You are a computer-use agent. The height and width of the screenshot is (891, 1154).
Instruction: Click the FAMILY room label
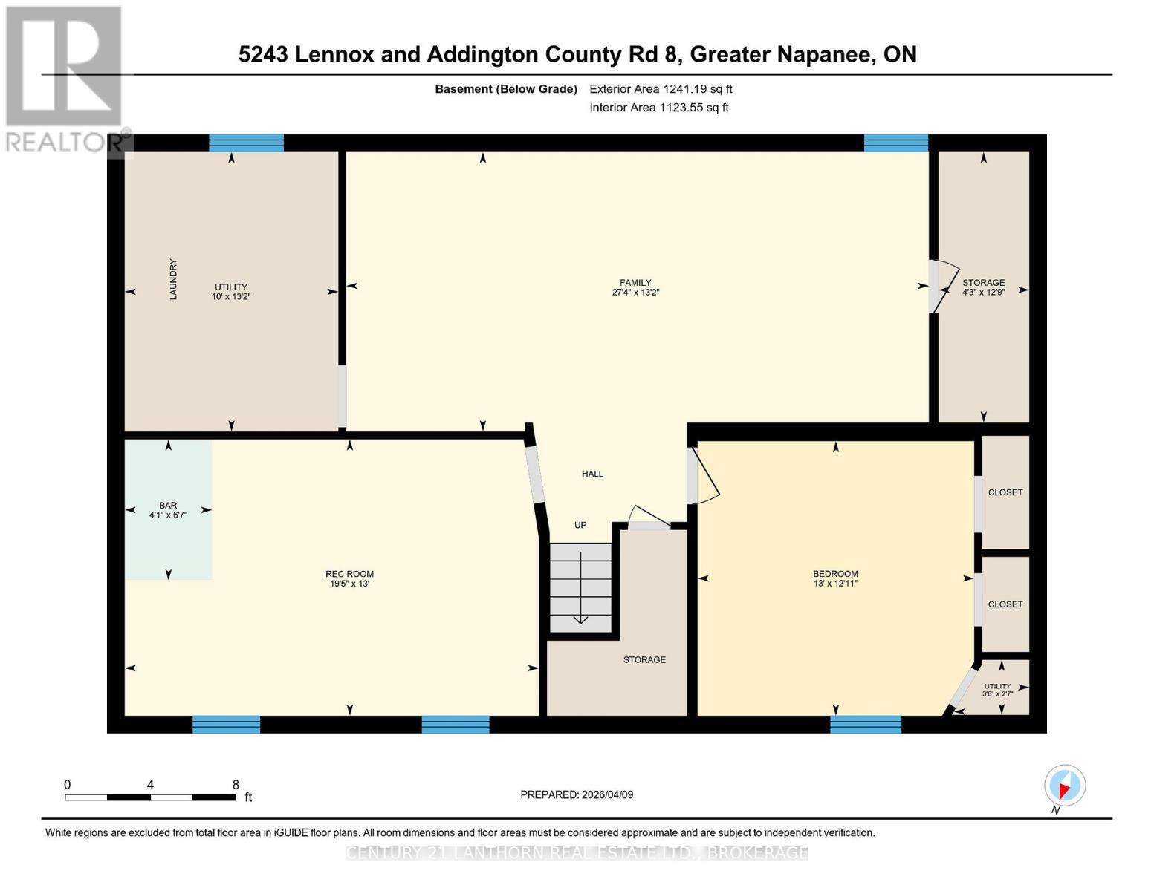[635, 283]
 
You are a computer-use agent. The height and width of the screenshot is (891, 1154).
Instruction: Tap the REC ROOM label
[349, 574]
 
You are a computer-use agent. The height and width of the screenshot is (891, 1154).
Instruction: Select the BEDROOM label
[835, 574]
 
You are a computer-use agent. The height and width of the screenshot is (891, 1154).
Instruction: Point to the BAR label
[168, 505]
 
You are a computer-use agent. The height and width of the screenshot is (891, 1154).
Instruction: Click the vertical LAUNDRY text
[173, 279]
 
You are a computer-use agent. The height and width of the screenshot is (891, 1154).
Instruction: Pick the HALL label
[592, 474]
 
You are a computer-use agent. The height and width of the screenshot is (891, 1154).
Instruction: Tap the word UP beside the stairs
[580, 525]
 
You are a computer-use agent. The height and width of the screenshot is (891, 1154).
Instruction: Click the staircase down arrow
[580, 587]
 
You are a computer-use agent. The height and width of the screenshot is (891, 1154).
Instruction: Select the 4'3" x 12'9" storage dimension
[984, 292]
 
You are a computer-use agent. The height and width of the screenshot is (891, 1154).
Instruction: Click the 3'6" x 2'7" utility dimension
[997, 693]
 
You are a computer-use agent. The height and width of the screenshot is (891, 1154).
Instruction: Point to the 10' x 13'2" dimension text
[231, 296]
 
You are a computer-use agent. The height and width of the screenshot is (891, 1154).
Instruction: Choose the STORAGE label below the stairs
[644, 659]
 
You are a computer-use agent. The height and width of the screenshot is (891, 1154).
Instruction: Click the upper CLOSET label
[1005, 492]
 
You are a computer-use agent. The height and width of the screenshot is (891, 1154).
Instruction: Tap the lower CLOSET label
[1005, 604]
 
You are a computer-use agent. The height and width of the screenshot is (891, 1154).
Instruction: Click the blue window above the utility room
[246, 143]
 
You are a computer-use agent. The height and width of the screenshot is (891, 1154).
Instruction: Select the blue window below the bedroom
[865, 725]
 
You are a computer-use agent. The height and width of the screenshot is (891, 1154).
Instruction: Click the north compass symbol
[1064, 786]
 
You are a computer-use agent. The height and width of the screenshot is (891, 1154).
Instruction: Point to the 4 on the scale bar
[150, 784]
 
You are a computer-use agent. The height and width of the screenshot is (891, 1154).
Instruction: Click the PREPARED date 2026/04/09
[607, 794]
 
